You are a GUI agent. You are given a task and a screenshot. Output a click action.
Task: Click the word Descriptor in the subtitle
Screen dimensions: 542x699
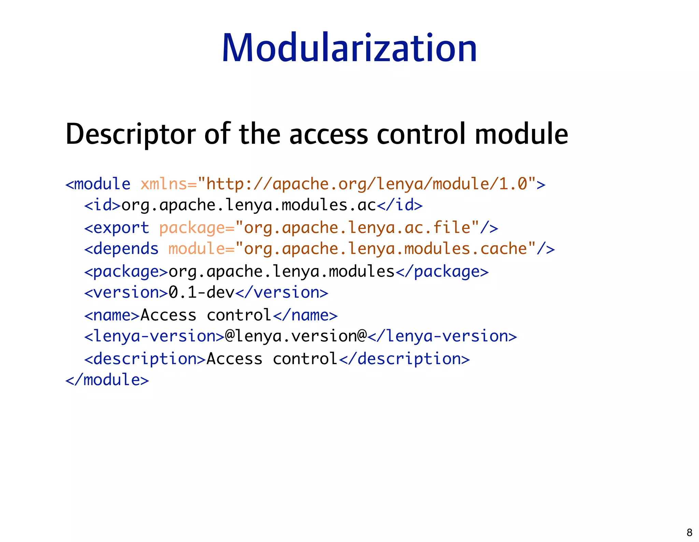[x=131, y=134]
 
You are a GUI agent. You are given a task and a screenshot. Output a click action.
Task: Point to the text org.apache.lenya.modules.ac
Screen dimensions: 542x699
[x=248, y=205]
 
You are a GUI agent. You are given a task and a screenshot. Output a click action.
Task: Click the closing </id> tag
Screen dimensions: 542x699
[x=400, y=205]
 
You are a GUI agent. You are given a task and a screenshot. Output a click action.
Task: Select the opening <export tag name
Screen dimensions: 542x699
[x=117, y=228]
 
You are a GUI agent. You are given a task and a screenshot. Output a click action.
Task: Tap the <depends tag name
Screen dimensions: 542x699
[x=122, y=249]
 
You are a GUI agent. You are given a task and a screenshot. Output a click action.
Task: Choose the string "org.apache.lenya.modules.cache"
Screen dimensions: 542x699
[x=385, y=249]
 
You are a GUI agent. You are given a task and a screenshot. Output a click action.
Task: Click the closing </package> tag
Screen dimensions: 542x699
[x=442, y=272]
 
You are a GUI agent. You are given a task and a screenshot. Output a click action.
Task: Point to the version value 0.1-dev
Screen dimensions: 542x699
[x=201, y=293]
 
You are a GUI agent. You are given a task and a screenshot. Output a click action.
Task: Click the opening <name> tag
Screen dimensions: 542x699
[x=112, y=315]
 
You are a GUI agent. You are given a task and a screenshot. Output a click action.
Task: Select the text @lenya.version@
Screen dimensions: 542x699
[x=296, y=336]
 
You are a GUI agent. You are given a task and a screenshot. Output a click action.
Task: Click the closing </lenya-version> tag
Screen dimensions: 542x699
[x=442, y=336]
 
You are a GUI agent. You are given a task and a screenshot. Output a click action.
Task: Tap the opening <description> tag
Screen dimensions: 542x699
[x=145, y=359]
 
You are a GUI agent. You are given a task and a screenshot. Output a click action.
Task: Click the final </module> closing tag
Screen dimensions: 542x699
[x=107, y=380]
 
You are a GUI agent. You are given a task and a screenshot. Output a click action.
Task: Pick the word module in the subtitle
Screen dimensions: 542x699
[x=521, y=134]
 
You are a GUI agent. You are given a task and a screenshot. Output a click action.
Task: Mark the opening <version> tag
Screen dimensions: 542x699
[x=126, y=293]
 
